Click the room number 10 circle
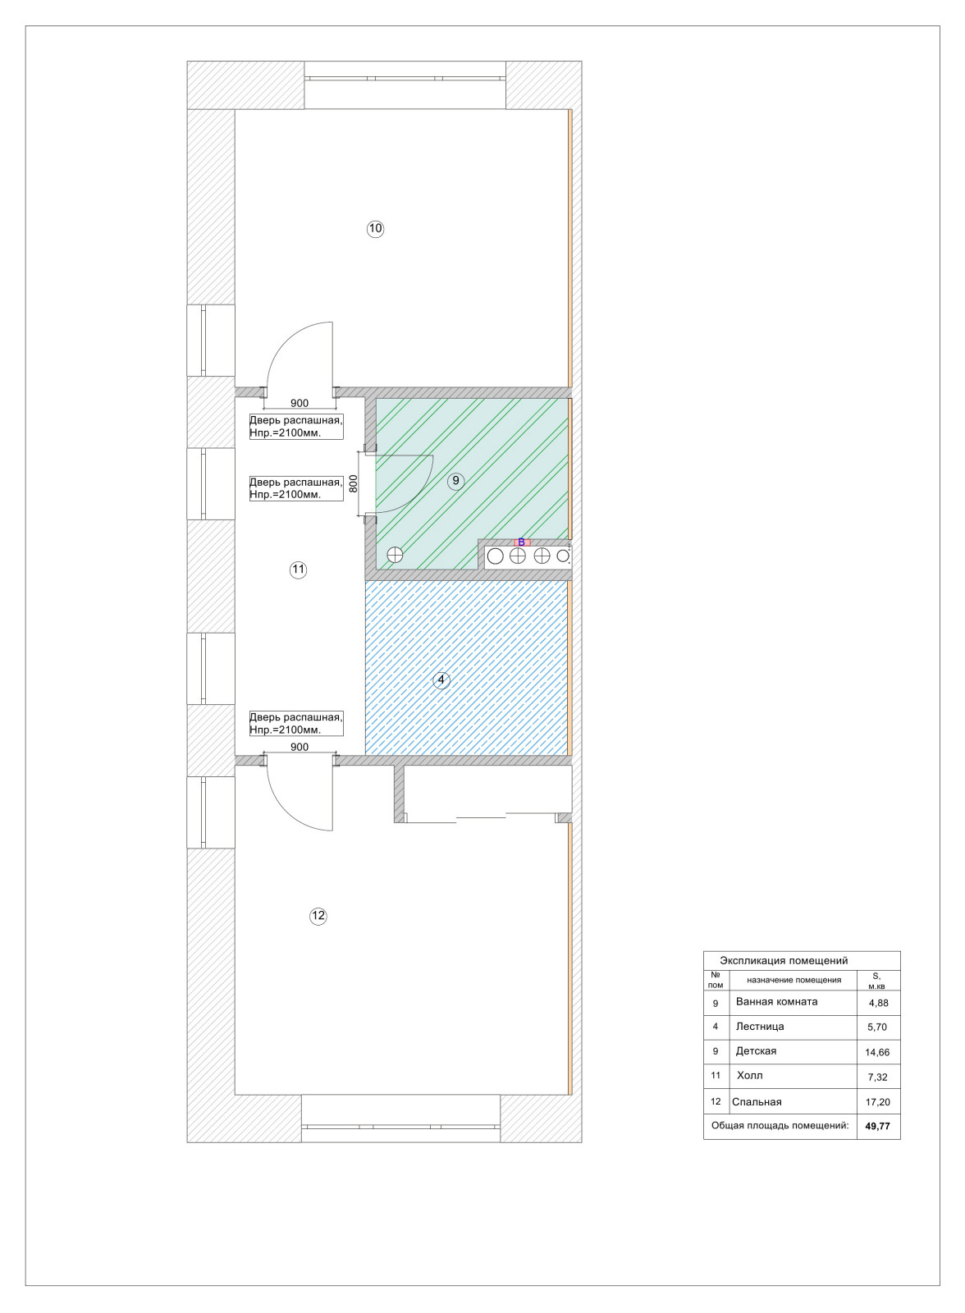pyautogui.click(x=375, y=229)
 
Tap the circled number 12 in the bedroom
pyautogui.click(x=318, y=916)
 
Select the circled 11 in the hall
pyautogui.click(x=299, y=570)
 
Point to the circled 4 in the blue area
pyautogui.click(x=441, y=680)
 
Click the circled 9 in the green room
pyautogui.click(x=455, y=481)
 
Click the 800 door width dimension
pyautogui.click(x=353, y=483)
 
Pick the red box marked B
pyautogui.click(x=522, y=542)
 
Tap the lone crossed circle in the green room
pyautogui.click(x=396, y=555)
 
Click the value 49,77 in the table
pyautogui.click(x=878, y=1126)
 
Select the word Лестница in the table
pyautogui.click(x=760, y=1026)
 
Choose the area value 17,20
pyautogui.click(x=878, y=1102)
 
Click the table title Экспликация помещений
pyautogui.click(x=784, y=961)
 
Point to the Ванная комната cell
pyautogui.click(x=777, y=1002)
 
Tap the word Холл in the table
pyautogui.click(x=750, y=1076)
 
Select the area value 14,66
pyautogui.click(x=878, y=1052)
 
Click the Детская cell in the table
pyautogui.click(x=757, y=1051)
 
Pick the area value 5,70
pyautogui.click(x=878, y=1027)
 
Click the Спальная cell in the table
pyautogui.click(x=757, y=1102)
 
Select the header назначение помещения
pyautogui.click(x=793, y=980)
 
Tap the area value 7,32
pyautogui.click(x=878, y=1077)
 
